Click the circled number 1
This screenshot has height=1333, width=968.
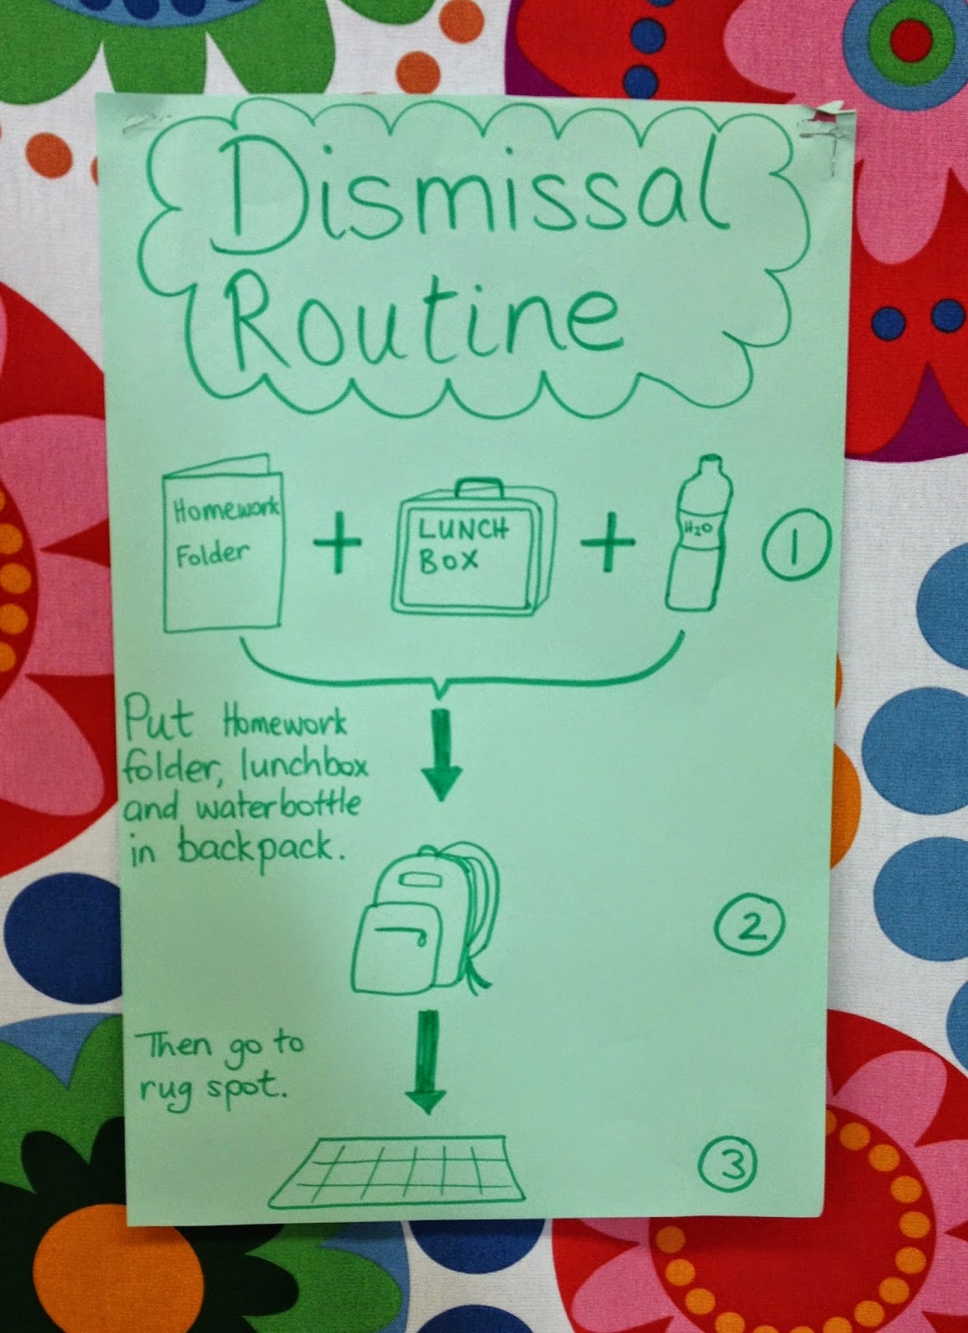pyautogui.click(x=796, y=547)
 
